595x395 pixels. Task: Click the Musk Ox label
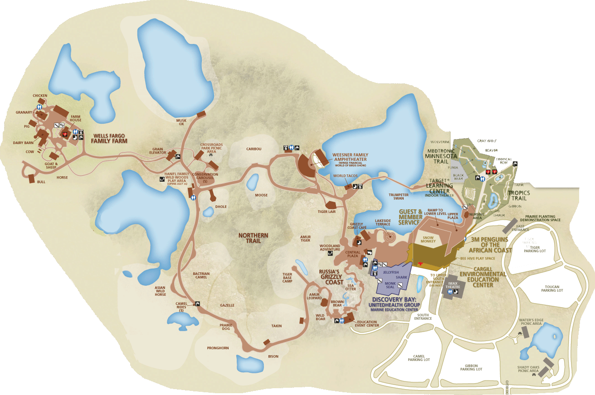181,122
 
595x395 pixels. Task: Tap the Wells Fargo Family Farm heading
110,138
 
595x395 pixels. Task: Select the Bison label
273,356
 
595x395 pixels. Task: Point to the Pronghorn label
218,348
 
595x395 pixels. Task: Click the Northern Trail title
254,238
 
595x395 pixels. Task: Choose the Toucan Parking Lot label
552,289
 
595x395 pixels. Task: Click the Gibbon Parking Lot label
471,367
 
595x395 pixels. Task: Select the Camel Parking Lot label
419,358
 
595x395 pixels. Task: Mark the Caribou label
254,149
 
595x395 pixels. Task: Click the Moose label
261,195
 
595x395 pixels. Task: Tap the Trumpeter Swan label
399,197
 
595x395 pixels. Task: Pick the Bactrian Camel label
201,275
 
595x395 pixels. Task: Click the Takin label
277,326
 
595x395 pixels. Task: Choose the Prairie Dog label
225,327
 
